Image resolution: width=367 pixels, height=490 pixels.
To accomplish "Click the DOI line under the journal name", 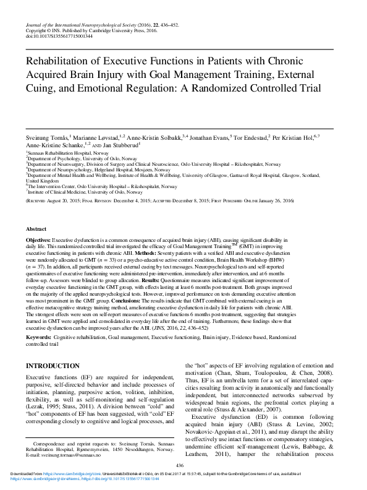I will pyautogui.click(x=59, y=37).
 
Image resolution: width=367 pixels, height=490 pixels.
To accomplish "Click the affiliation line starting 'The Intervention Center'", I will pyautogui.click(x=101, y=186).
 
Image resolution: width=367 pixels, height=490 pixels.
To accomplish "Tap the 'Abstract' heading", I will pyautogui.click(x=36, y=228).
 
